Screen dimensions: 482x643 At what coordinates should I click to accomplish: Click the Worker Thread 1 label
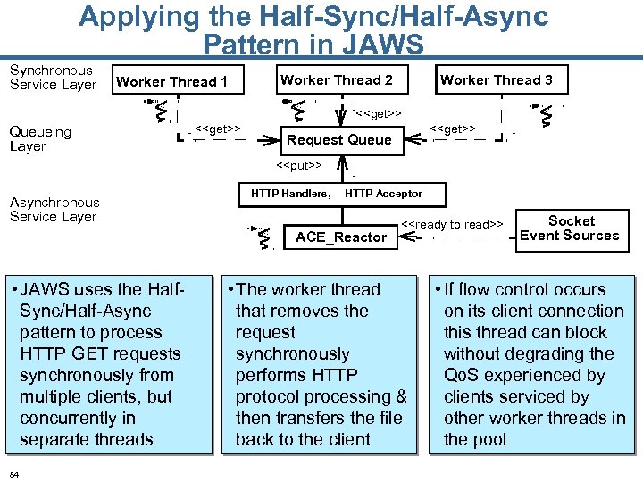(x=171, y=82)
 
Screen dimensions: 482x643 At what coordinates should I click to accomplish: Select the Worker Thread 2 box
(x=336, y=80)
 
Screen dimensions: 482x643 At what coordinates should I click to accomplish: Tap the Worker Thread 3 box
(x=496, y=80)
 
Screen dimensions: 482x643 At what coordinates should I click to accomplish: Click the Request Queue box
(x=338, y=140)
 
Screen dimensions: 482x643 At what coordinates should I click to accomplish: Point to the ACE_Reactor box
(x=341, y=237)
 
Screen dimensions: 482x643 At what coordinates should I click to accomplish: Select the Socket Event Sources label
(x=570, y=229)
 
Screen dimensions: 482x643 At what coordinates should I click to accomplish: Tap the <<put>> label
(x=298, y=165)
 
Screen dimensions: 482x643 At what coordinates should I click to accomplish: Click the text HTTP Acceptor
(x=383, y=194)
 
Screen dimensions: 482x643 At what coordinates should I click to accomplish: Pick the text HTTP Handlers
(x=290, y=194)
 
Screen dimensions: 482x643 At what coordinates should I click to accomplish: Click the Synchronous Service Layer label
(x=53, y=78)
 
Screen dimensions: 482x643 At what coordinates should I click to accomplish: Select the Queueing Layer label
(x=40, y=139)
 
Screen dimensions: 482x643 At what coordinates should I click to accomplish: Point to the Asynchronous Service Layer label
(x=54, y=210)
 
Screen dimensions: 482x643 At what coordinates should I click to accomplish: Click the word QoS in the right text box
(x=463, y=376)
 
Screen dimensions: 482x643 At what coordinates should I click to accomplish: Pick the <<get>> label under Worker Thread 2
(x=378, y=114)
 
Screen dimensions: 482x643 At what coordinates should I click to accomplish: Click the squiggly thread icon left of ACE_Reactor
(x=263, y=236)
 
